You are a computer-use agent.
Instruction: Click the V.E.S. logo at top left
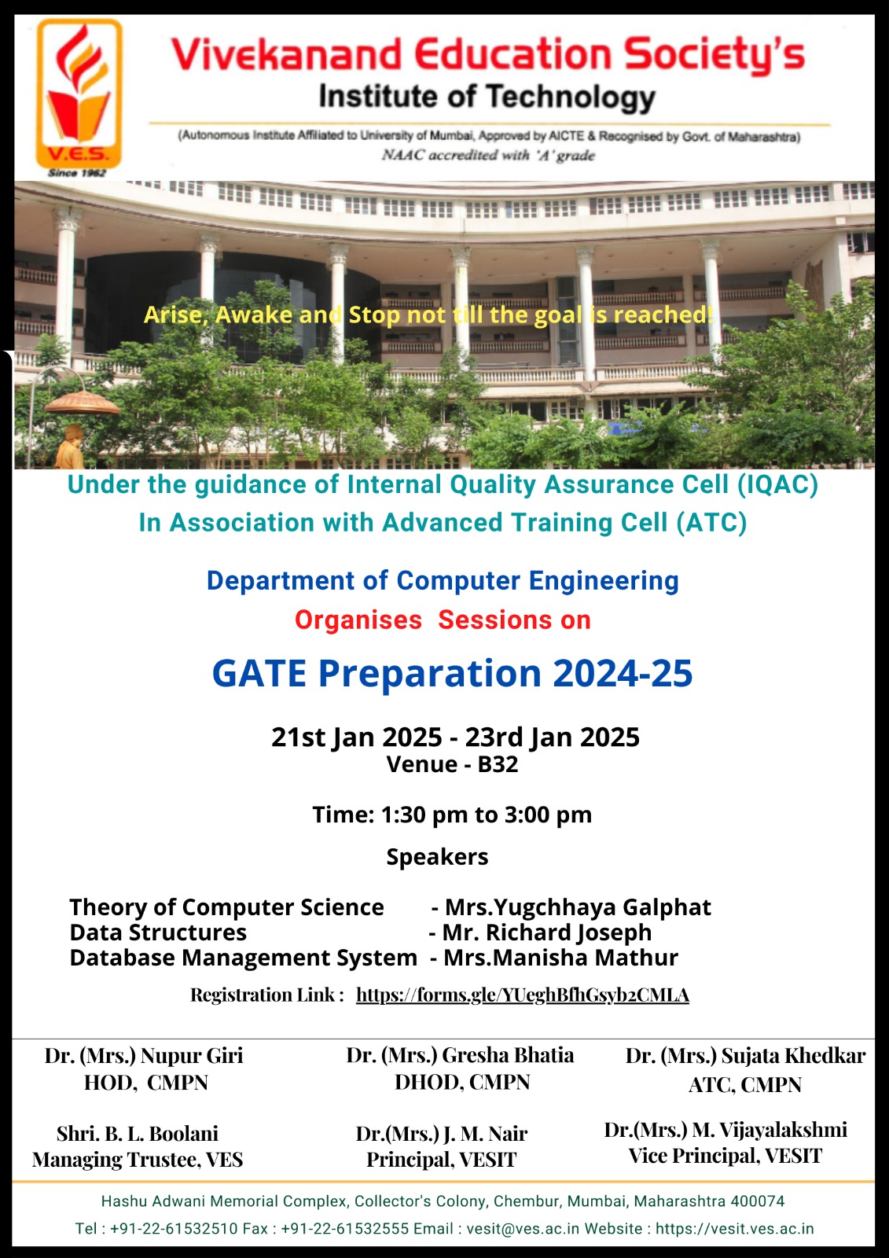pos(79,94)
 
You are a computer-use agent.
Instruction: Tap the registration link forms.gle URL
pos(522,995)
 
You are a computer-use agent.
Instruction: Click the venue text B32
pos(498,764)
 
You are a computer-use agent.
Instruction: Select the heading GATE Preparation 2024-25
pos(452,673)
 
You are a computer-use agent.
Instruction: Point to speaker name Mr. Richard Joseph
pos(546,932)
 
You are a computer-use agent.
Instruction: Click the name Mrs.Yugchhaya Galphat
pos(578,907)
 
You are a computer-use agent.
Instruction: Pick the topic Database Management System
pos(243,958)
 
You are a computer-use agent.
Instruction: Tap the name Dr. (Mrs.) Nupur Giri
pos(144,1056)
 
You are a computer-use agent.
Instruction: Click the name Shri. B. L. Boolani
pos(138,1134)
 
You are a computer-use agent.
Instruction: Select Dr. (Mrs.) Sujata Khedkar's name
pos(745,1056)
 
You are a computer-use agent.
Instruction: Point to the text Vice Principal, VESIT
pos(725,1156)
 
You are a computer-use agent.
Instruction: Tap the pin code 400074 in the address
pos(758,1201)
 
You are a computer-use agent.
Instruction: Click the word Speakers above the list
pos(438,857)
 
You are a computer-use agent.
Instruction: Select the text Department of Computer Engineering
pos(443,581)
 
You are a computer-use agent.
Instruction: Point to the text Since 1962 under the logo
pos(77,173)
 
